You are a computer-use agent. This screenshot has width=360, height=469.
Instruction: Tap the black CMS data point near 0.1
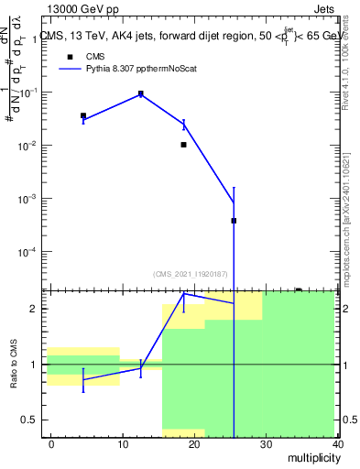coord(141,93)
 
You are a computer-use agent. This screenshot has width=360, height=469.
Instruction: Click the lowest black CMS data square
coord(234,221)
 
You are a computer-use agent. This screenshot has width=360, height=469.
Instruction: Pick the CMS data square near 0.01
coord(184,144)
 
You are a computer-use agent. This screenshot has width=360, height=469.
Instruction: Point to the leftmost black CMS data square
coord(83,116)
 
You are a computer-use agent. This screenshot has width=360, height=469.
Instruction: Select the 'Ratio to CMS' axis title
coord(15,365)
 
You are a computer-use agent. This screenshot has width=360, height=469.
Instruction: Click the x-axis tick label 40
coord(337,443)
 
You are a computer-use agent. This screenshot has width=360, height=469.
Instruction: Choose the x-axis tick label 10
coord(123,443)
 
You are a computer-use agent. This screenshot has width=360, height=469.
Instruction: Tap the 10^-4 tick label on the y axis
coord(29,251)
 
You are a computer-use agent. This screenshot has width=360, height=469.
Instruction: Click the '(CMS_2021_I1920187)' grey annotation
coord(191,274)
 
